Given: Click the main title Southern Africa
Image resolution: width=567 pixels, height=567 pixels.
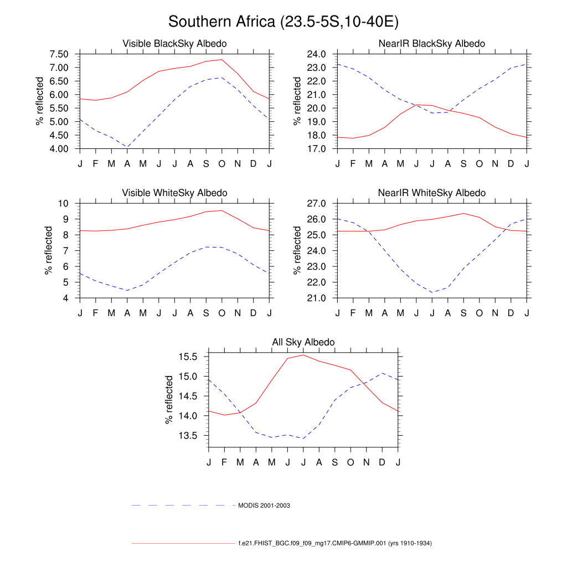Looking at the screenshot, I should click(x=283, y=22).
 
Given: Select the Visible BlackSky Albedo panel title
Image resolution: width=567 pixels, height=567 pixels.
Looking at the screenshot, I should click(x=174, y=43).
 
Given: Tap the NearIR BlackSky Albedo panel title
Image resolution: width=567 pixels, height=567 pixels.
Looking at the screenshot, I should click(x=431, y=43).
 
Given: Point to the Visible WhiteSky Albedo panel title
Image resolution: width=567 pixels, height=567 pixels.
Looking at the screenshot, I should click(x=174, y=193).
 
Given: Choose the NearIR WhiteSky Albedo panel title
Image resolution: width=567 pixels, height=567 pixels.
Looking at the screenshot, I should click(x=431, y=193).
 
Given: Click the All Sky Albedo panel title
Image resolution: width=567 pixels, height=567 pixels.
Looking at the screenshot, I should click(x=303, y=342).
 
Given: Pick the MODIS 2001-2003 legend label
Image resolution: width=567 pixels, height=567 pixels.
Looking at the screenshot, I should click(x=264, y=506).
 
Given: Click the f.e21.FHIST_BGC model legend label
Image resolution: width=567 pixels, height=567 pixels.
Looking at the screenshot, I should click(x=335, y=543).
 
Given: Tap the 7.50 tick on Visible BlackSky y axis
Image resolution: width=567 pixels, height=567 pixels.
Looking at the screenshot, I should click(x=59, y=54).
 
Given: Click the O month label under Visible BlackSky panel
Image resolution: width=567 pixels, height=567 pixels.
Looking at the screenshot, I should click(x=222, y=163).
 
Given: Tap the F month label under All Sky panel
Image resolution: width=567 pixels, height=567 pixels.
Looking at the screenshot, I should click(x=224, y=462).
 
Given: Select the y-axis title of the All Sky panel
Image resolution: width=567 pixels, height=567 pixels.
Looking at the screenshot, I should click(x=169, y=400).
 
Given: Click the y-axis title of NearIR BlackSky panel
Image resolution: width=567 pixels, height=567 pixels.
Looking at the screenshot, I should click(x=298, y=101).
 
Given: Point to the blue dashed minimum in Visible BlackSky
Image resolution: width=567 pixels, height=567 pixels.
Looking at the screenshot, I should click(x=127, y=147).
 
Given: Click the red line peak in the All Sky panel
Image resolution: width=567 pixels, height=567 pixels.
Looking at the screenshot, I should click(x=303, y=355).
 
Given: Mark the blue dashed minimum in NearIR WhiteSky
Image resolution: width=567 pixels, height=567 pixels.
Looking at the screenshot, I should click(x=432, y=292).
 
